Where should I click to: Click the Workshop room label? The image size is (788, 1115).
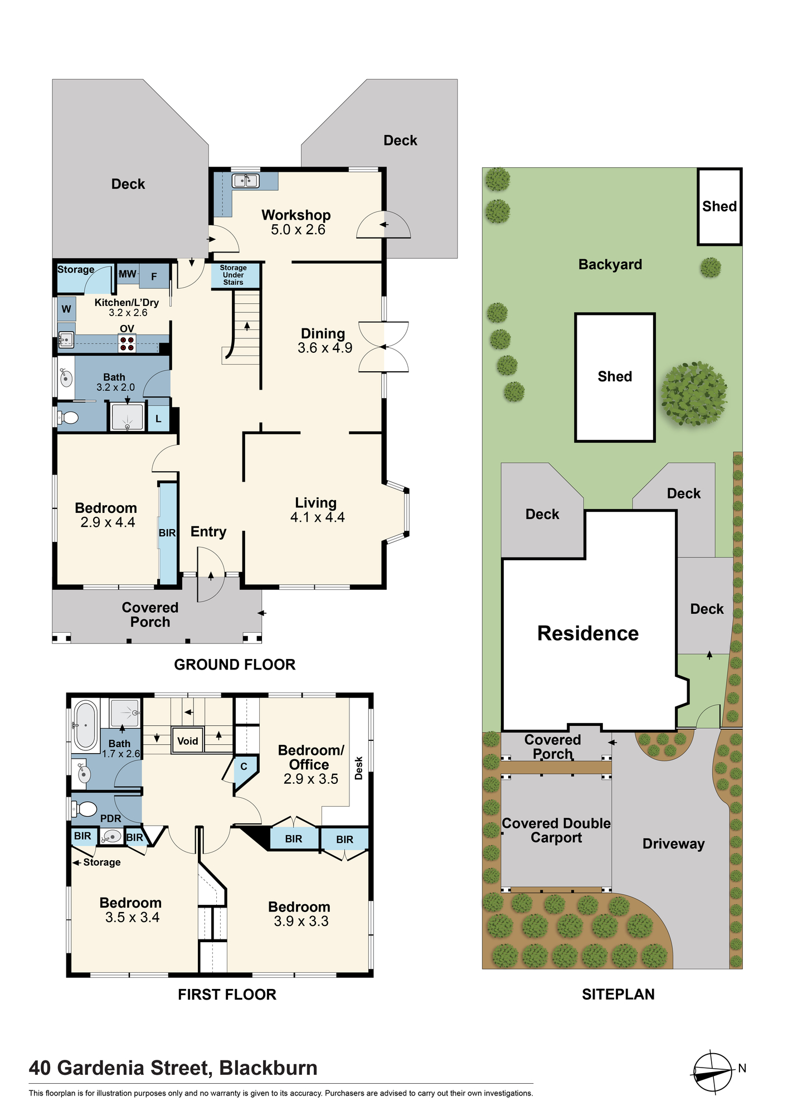(296, 215)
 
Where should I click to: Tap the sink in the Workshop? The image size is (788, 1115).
(245, 181)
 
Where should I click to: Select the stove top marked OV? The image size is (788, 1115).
(127, 343)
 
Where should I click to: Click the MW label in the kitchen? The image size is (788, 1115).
(128, 274)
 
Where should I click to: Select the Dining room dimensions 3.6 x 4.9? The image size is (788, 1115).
(325, 348)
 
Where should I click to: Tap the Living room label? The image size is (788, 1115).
(316, 503)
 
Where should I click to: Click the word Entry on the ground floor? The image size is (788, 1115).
(208, 532)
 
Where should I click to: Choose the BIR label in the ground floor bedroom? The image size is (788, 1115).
(167, 533)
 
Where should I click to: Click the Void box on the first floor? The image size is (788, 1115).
(188, 741)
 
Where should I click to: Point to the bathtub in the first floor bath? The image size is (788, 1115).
(86, 725)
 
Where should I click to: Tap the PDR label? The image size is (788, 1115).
(111, 818)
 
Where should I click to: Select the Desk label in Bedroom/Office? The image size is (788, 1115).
(359, 768)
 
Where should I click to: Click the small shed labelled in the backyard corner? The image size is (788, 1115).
(719, 207)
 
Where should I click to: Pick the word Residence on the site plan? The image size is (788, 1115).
(588, 633)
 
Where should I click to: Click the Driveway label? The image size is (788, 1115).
(674, 844)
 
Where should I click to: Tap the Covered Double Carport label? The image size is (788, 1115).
(556, 831)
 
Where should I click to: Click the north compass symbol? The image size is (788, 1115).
(713, 1072)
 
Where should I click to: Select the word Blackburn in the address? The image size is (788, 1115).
(269, 1068)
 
